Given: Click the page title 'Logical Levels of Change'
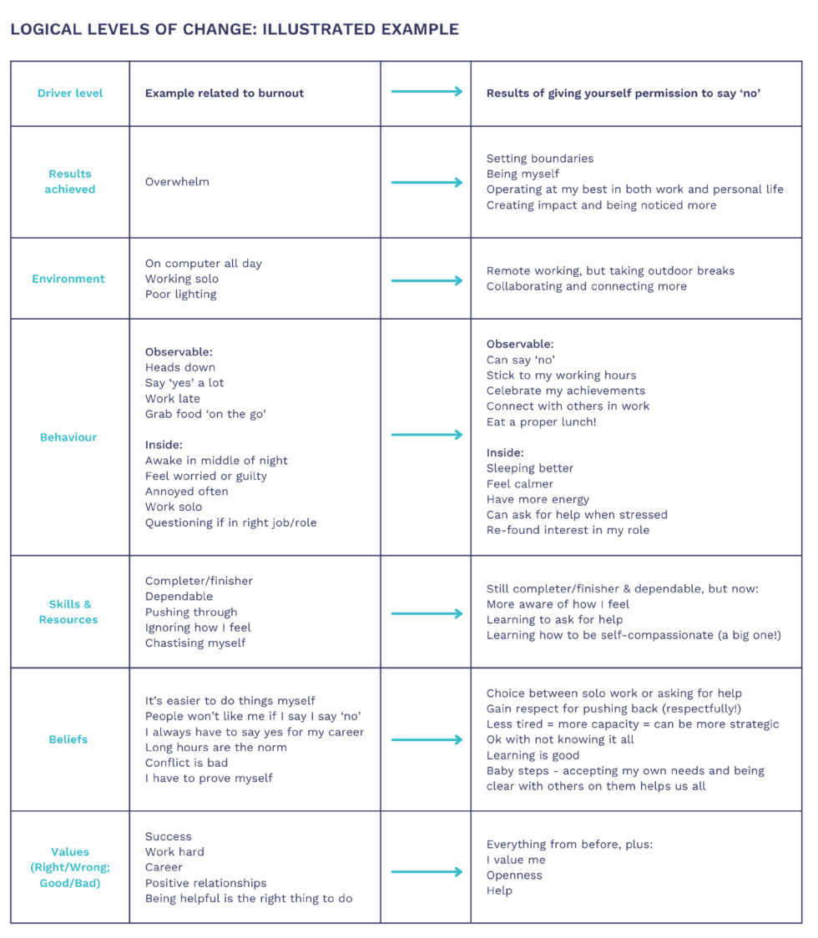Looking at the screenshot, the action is pos(235,29).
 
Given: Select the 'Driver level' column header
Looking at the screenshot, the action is pos(70,93).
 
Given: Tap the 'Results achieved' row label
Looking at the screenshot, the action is pos(70,181).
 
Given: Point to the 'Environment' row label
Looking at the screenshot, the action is pos(68,279).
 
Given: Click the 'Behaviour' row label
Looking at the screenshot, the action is pos(68,437).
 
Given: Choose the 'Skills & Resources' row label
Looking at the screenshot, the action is pos(68,612).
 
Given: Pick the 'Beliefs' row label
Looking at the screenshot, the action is pos(68,739).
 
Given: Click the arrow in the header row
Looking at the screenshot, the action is pos(427,92).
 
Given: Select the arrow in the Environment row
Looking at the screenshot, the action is pos(427,280).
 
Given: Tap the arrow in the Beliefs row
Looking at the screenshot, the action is pos(427,740).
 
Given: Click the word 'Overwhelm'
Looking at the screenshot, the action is pos(177,182).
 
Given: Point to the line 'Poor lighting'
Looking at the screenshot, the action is pos(181,295).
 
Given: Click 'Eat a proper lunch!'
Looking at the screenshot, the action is pos(541,421).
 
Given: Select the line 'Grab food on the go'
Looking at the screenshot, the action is pos(205,414).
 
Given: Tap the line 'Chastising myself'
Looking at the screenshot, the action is pos(195,643).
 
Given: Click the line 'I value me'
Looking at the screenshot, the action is pos(516,860).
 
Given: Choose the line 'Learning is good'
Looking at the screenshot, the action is pos(533,755).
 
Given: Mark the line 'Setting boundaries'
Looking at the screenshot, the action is pos(540,159).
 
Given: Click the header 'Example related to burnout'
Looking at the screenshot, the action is pos(225,93).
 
